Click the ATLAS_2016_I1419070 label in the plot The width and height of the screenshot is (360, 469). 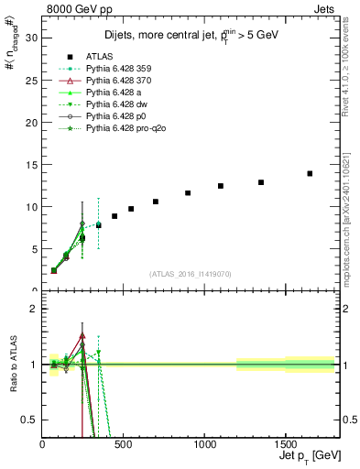(189, 274)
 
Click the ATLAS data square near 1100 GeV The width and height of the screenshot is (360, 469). (221, 186)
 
